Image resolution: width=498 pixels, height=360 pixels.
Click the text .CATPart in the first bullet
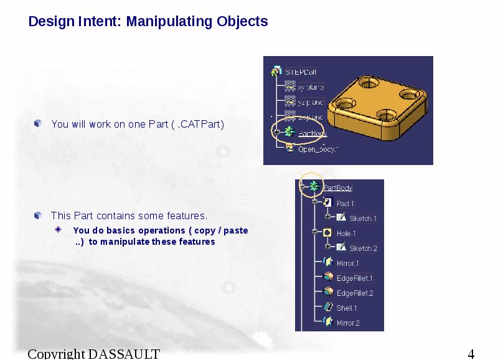200,124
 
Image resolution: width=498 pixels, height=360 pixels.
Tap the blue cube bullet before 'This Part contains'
37,216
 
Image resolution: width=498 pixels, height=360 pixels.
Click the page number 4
471,354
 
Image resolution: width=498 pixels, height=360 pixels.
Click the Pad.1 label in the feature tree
345,204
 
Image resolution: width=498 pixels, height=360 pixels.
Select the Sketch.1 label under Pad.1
362,219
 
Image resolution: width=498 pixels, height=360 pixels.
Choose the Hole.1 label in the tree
346,234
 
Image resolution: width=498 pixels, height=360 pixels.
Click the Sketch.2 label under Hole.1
363,249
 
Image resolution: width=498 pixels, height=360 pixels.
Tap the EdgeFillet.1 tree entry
354,278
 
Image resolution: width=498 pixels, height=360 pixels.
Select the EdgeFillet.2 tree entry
354,293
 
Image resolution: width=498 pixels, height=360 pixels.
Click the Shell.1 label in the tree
347,308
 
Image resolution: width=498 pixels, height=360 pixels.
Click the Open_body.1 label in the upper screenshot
317,149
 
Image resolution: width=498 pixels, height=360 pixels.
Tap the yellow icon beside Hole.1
327,233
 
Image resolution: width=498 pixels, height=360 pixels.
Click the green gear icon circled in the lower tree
314,186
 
